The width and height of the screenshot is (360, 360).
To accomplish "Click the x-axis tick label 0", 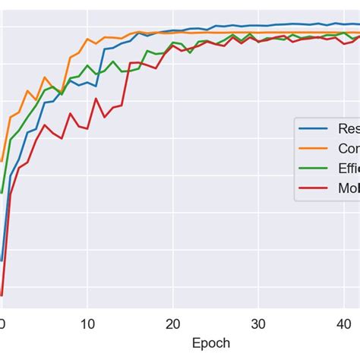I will (x=2, y=321).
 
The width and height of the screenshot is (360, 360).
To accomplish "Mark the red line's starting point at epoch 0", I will (x=2, y=295).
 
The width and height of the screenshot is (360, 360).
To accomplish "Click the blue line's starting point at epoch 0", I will (x=2, y=260).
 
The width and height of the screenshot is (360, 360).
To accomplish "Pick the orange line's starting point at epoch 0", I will (x=2, y=161).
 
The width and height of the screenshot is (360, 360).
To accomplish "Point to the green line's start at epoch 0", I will (x=2, y=192).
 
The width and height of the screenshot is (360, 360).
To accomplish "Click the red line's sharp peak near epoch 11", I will (x=96, y=99).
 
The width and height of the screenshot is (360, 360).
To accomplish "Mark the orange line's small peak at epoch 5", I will (x=45, y=77).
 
